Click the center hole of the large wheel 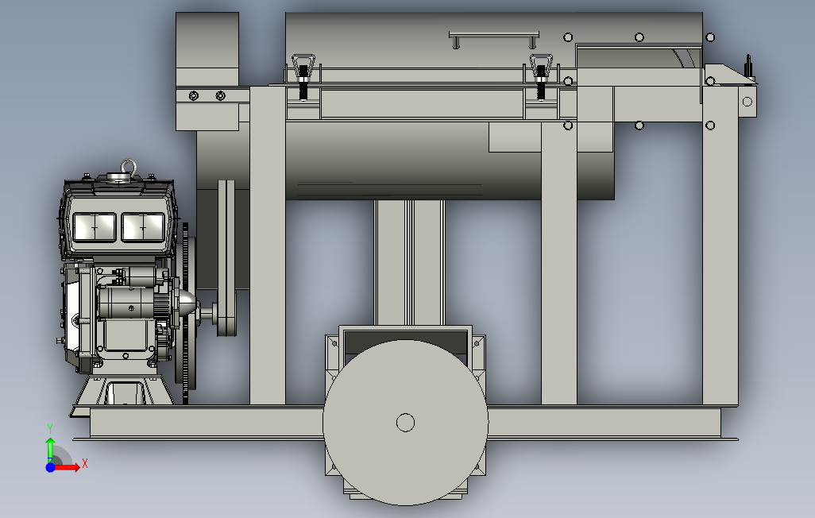coord(405,423)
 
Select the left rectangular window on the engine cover coord(94,227)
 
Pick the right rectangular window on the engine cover coord(143,227)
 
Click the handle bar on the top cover coord(494,36)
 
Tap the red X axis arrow coord(68,467)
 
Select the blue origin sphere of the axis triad coord(50,467)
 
